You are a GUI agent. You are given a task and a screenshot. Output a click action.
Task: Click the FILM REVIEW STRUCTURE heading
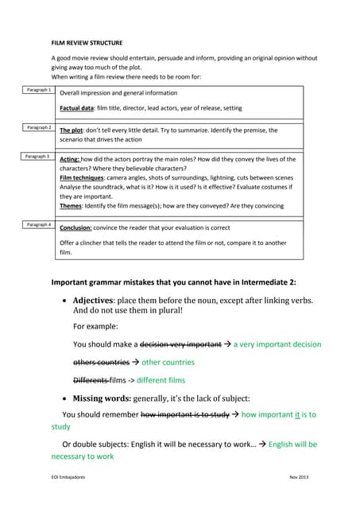87,42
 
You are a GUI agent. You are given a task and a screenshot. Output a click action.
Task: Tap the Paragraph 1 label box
38,91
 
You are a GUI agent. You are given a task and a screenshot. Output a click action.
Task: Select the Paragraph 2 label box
38,127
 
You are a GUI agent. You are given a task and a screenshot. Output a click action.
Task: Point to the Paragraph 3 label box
38,157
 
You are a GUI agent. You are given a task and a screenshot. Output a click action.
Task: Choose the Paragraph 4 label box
38,225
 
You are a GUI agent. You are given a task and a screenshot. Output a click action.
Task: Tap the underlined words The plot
72,130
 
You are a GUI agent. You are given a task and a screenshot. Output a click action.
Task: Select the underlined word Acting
70,160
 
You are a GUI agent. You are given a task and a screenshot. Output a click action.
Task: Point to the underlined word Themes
72,205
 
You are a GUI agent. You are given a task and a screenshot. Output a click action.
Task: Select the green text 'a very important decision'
277,344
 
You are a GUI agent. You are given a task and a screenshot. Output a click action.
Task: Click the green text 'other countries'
168,362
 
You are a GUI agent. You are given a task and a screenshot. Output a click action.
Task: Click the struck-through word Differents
91,380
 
